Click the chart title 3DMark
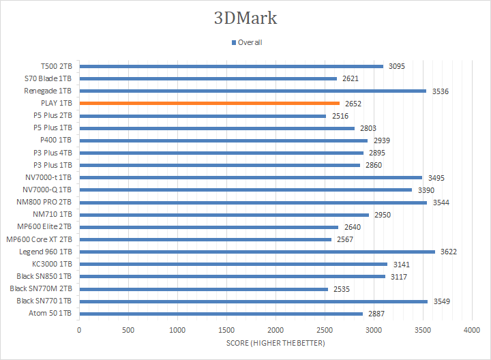point(245,18)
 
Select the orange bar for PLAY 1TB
point(209,103)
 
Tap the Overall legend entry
point(246,42)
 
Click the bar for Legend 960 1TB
point(257,252)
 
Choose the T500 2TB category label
point(56,66)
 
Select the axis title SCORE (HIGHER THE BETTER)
point(276,343)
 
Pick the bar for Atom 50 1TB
point(221,314)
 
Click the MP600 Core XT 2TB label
point(40,239)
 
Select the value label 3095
point(397,66)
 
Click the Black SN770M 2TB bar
point(204,288)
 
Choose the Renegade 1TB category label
point(48,91)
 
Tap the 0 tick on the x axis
point(79,330)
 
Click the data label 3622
point(449,252)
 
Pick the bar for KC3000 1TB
point(233,264)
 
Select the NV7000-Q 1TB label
point(46,190)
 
